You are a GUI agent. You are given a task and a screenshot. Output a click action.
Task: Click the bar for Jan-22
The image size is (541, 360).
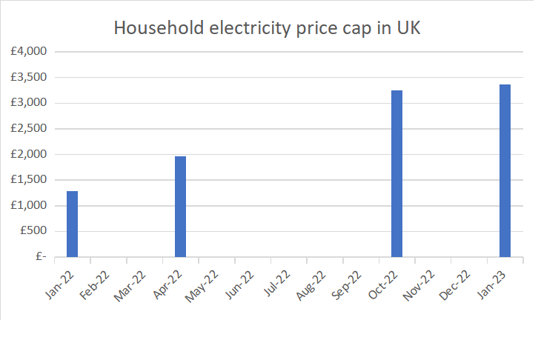coord(72,224)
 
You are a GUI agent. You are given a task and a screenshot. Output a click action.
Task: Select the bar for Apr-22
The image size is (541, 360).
coord(180,207)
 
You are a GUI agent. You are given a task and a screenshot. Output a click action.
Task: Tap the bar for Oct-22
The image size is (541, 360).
coord(396,173)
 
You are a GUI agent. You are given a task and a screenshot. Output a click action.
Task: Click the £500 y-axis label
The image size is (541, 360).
coord(33,231)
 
